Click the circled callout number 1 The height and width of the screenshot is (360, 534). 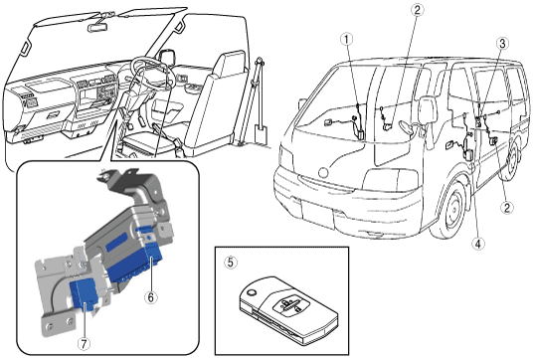tap(347, 40)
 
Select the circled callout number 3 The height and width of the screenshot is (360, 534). tap(502, 43)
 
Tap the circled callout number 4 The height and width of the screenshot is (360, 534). tap(478, 244)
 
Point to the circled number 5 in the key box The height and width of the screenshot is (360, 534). tap(231, 263)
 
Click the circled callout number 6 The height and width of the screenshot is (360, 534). tap(151, 297)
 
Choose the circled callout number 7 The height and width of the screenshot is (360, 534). tap(85, 343)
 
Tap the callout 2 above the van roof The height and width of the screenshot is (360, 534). tap(417, 10)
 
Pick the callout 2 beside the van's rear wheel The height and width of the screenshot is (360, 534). tap(507, 207)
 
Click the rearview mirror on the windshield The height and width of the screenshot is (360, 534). tap(97, 27)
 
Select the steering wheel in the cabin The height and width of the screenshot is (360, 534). tap(151, 72)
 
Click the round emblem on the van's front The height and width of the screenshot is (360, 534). tap(323, 172)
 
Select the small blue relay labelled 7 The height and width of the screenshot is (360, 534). tap(84, 294)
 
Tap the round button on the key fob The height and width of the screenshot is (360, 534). tap(252, 292)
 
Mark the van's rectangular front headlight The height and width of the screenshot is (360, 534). tap(391, 179)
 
